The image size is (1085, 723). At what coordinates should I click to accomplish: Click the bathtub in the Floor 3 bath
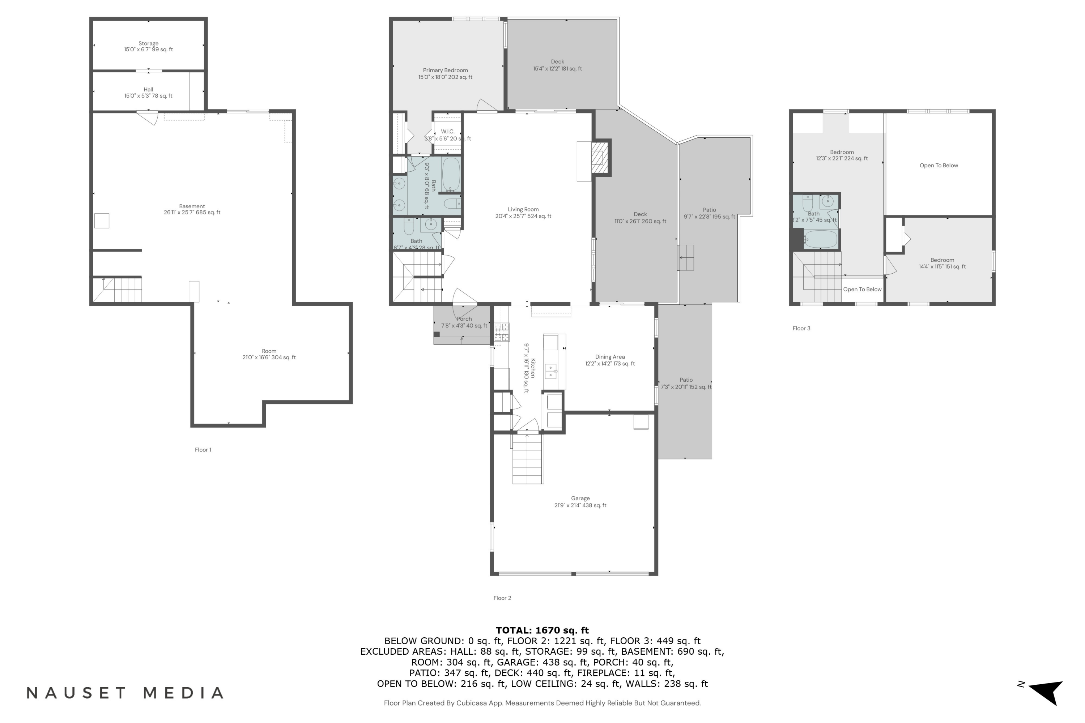820,240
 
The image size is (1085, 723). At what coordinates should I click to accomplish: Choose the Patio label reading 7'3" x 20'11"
686,383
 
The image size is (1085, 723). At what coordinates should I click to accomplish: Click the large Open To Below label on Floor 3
939,166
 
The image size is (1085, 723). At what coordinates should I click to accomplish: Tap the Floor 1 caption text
203,450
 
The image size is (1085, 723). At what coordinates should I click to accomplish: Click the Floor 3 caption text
801,328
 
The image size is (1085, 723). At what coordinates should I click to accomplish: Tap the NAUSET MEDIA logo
124,693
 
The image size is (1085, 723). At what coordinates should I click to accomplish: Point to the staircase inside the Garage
528,458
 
